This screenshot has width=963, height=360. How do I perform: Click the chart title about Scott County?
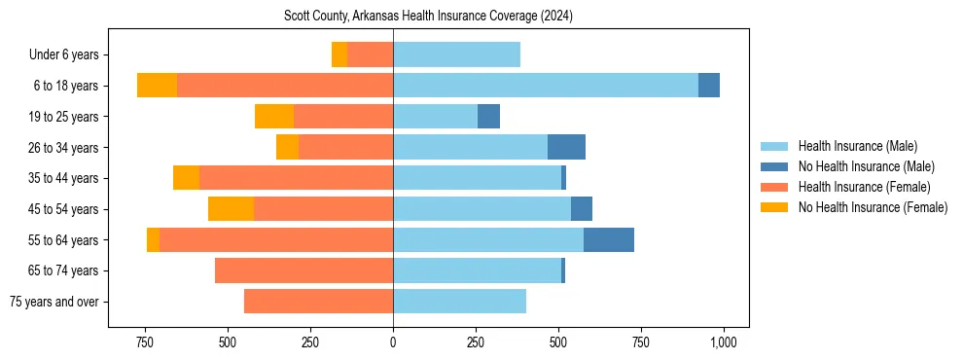tap(428, 17)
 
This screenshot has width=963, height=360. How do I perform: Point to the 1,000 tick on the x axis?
tap(724, 342)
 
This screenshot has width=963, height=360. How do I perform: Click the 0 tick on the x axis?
tap(393, 342)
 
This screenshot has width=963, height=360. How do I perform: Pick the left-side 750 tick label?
tap(145, 342)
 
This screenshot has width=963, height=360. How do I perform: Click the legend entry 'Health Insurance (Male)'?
tap(857, 146)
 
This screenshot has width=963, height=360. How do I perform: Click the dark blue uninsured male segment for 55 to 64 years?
tap(609, 239)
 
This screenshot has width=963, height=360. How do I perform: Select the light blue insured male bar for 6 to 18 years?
tap(546, 86)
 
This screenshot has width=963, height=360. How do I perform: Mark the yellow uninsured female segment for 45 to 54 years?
tap(231, 209)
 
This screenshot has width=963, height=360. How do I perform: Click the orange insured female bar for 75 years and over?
tap(319, 302)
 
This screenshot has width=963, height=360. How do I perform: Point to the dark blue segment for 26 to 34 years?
tap(566, 147)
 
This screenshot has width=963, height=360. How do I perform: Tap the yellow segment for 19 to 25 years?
tap(274, 117)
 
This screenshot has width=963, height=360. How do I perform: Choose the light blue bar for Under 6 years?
tap(456, 54)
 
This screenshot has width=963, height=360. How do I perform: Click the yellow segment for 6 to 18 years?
tap(157, 86)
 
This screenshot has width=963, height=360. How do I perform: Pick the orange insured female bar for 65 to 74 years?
tap(303, 270)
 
